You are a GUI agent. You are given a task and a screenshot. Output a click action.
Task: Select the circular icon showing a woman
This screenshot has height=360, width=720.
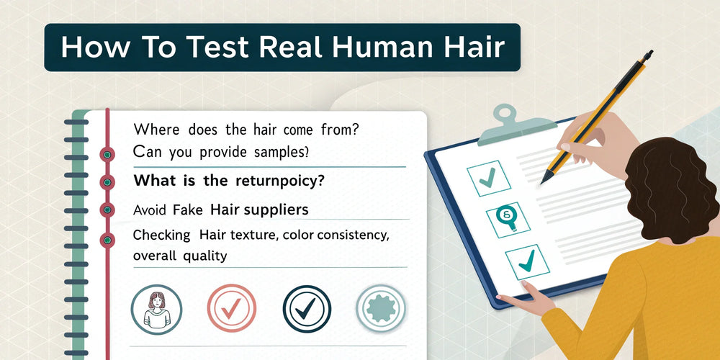156,309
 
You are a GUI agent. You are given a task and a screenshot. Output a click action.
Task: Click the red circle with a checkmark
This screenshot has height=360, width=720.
231,309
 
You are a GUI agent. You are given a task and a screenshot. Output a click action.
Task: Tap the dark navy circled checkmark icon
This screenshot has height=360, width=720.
307,309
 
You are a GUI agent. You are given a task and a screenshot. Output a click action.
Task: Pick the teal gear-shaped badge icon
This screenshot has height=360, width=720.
381,309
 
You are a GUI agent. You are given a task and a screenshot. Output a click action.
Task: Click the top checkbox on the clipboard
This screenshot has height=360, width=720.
489,178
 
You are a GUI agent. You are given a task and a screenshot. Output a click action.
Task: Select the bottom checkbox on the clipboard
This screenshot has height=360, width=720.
527,262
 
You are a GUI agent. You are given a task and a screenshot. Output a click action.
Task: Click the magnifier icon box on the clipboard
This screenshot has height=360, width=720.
508,220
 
